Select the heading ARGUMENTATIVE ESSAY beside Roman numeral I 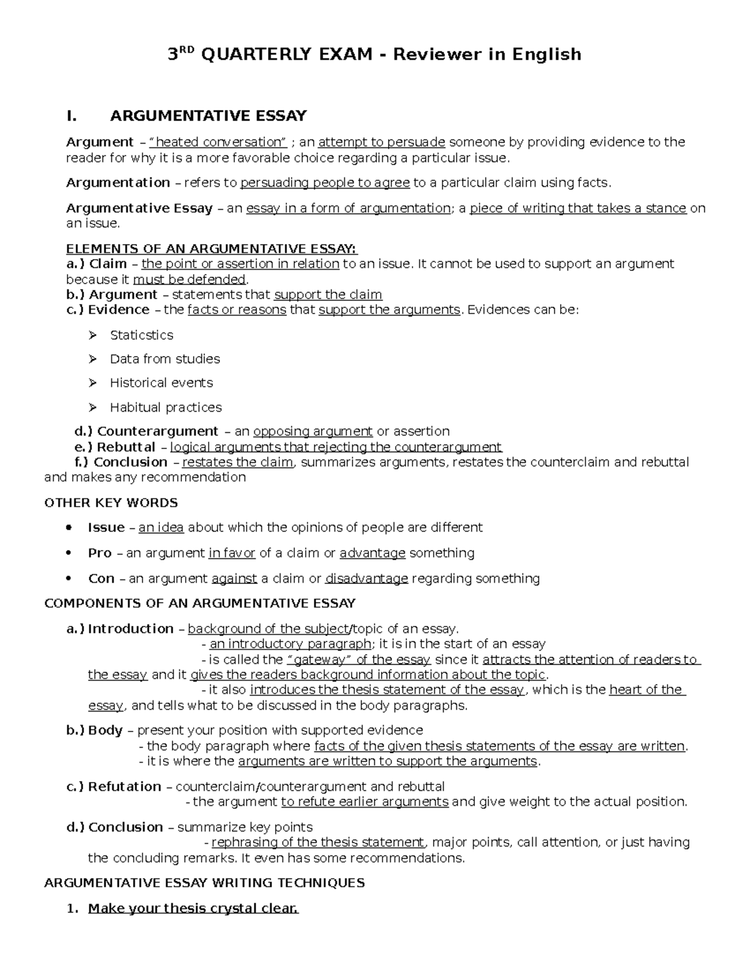coord(208,116)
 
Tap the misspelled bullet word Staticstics coord(141,335)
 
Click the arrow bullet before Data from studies coord(93,359)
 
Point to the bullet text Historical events coord(161,383)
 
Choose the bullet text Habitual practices coord(166,407)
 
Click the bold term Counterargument coord(157,432)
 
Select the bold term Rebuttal coord(126,447)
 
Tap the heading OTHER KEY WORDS coord(111,503)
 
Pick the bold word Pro coord(100,553)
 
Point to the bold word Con coord(101,579)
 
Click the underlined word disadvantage coord(367,579)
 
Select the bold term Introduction coord(131,629)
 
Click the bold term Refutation coord(124,787)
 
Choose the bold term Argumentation coord(118,183)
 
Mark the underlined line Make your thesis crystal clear coord(193,909)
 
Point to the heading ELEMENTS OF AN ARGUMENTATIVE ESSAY coord(212,249)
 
